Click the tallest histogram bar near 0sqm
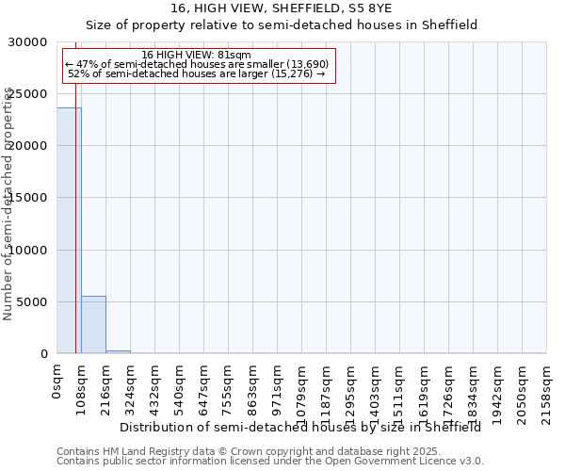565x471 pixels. click(69, 231)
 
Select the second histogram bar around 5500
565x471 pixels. click(93, 325)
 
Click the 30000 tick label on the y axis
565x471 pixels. click(27, 42)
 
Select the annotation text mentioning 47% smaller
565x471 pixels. click(197, 64)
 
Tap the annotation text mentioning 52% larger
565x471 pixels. click(197, 73)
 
